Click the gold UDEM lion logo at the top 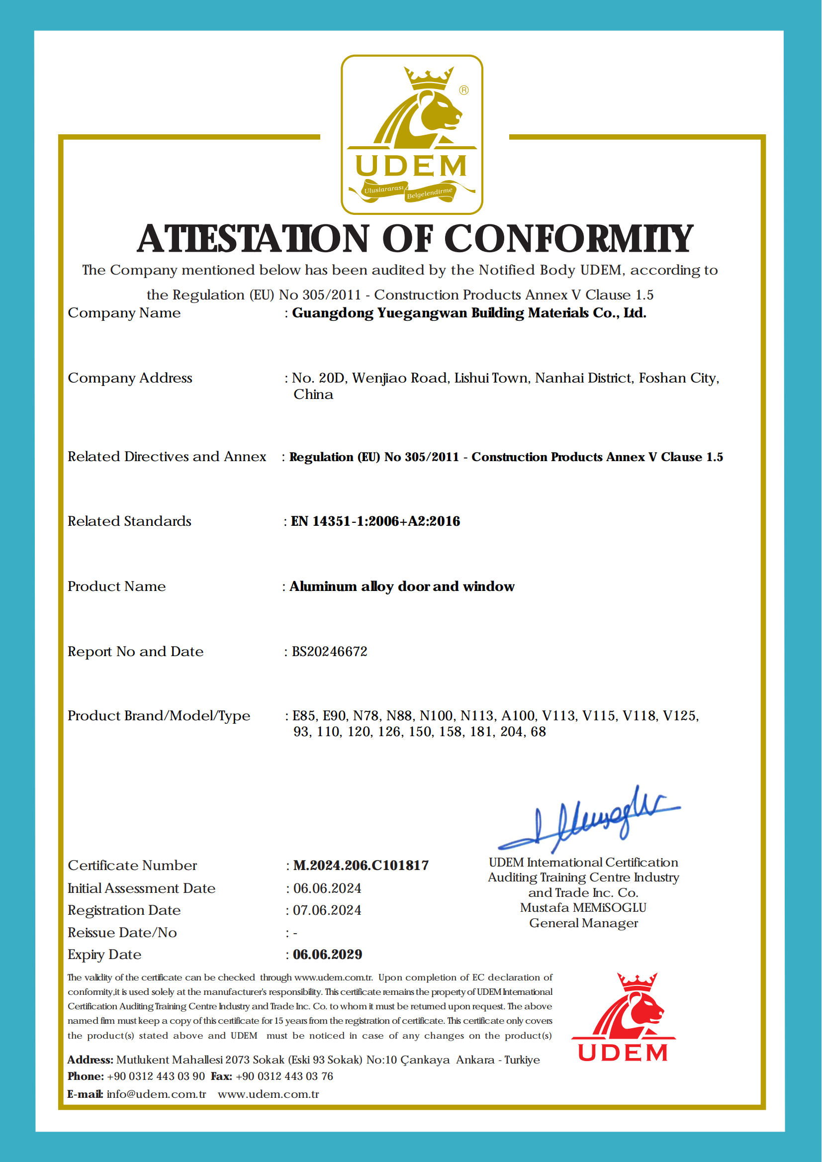click(412, 134)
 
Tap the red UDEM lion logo click(624, 1018)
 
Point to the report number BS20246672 click(330, 652)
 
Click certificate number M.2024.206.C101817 click(361, 866)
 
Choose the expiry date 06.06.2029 click(328, 955)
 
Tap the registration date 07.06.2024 click(327, 910)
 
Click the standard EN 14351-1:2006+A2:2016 click(375, 521)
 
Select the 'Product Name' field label click(117, 586)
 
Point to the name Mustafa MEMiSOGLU click(583, 908)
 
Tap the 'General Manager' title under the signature click(584, 923)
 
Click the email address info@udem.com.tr click(157, 1094)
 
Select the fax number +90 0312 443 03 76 click(284, 1076)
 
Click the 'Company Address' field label click(130, 378)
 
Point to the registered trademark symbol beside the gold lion click(463, 90)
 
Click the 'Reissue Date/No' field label click(122, 933)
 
